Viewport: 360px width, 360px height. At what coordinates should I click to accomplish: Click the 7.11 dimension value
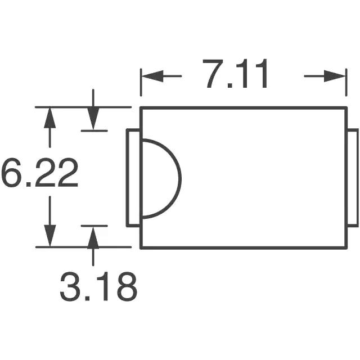[235, 74]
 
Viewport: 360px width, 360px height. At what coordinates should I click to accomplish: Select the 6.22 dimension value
[40, 173]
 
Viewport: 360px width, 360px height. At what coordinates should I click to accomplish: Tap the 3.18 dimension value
[98, 286]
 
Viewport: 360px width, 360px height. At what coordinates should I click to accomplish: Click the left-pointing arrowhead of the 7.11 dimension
[152, 76]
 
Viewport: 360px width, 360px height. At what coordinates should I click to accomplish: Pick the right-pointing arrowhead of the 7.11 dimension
[335, 76]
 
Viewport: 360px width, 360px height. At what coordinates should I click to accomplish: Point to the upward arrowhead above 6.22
[50, 118]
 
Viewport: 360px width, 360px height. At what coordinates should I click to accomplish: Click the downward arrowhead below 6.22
[50, 236]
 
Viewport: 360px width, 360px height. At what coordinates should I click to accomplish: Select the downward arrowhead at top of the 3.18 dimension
[93, 119]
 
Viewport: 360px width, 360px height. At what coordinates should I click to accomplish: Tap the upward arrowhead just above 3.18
[93, 238]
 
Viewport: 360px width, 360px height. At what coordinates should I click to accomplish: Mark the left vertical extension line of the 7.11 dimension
[141, 82]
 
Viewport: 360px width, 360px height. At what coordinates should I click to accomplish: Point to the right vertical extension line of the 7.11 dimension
[346, 82]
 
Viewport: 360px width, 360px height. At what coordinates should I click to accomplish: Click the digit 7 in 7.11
[213, 74]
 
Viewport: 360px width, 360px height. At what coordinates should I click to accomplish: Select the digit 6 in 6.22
[12, 173]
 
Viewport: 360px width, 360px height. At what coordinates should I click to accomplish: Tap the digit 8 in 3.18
[127, 286]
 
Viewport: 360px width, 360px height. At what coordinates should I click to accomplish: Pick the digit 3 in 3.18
[70, 286]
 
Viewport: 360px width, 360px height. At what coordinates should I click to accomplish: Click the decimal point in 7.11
[230, 85]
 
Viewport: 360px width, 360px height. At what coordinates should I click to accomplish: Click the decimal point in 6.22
[29, 184]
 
